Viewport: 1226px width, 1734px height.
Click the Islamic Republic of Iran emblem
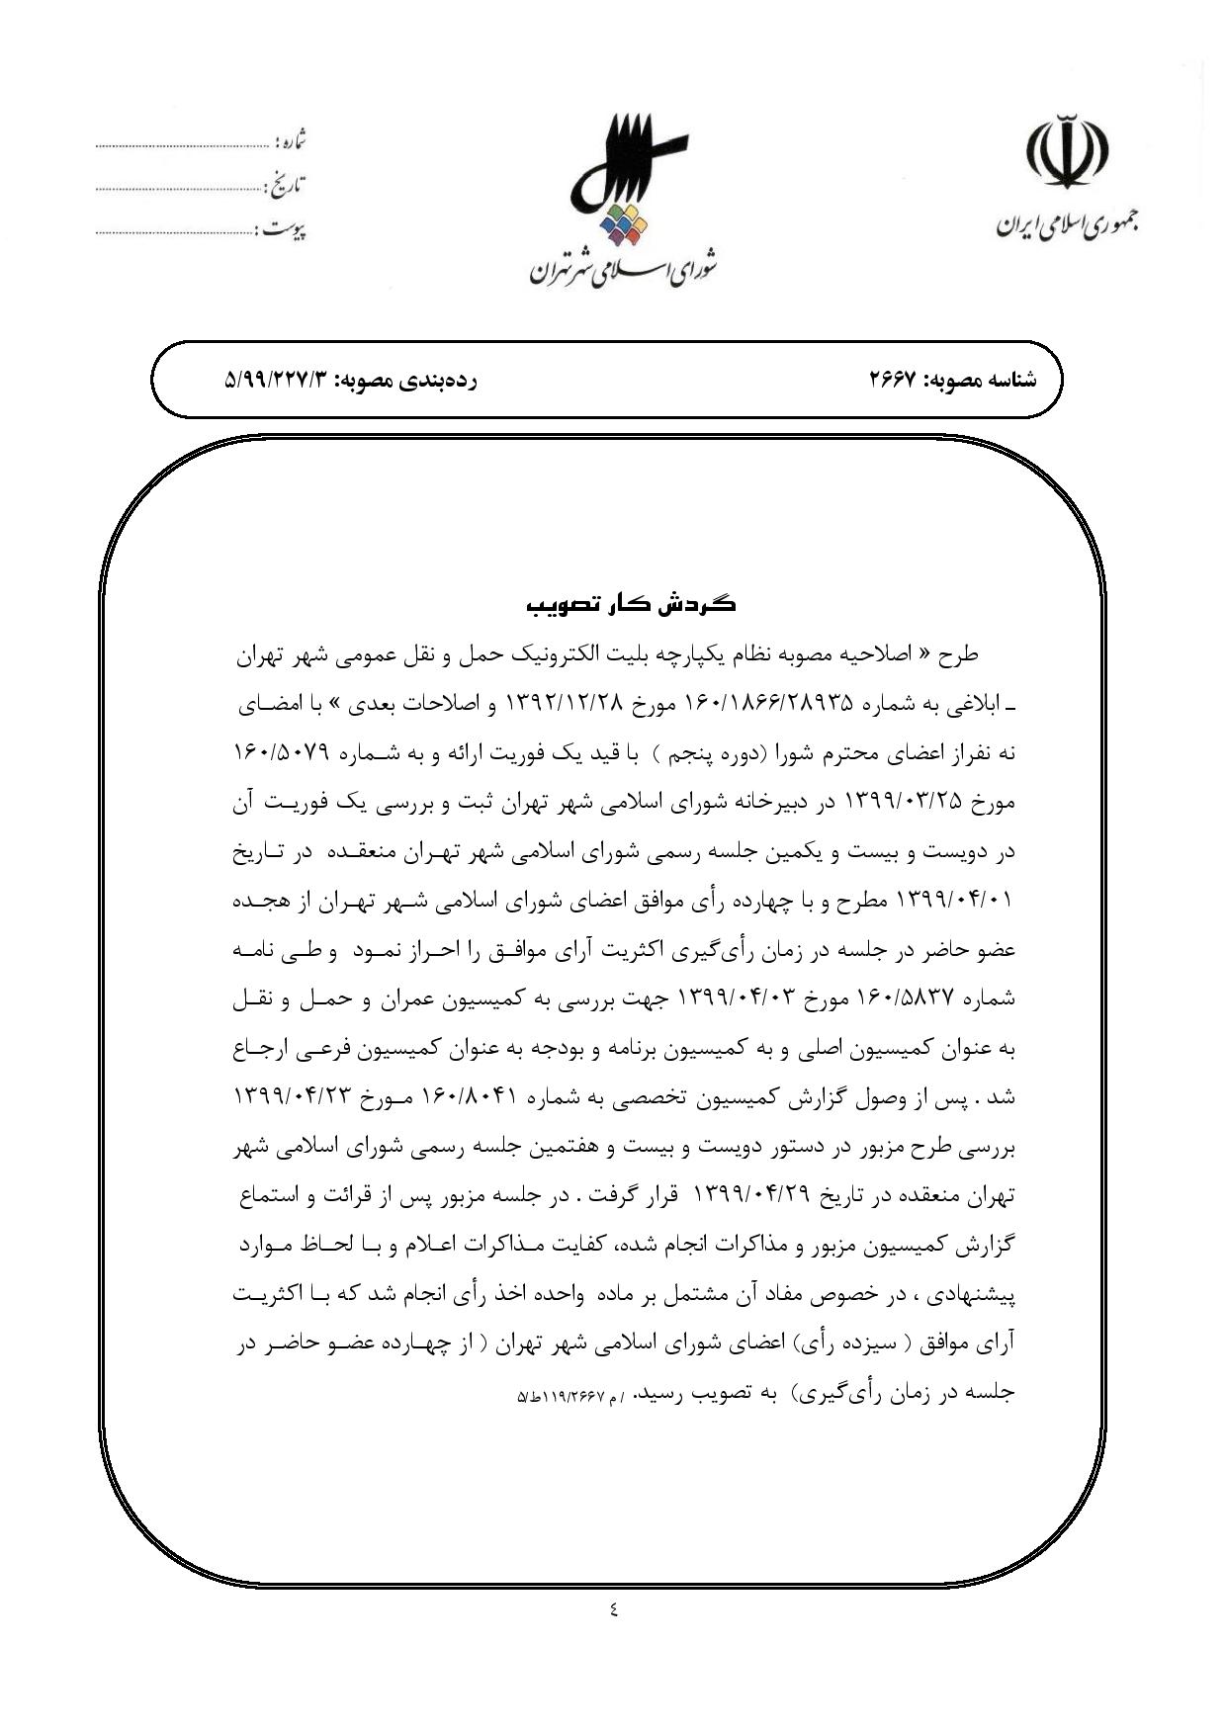tap(1065, 153)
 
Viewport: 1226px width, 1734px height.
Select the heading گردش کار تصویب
tap(631, 604)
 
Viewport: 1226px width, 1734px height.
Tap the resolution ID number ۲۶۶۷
tap(894, 380)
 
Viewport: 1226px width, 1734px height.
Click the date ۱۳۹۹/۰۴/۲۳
tap(288, 1097)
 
